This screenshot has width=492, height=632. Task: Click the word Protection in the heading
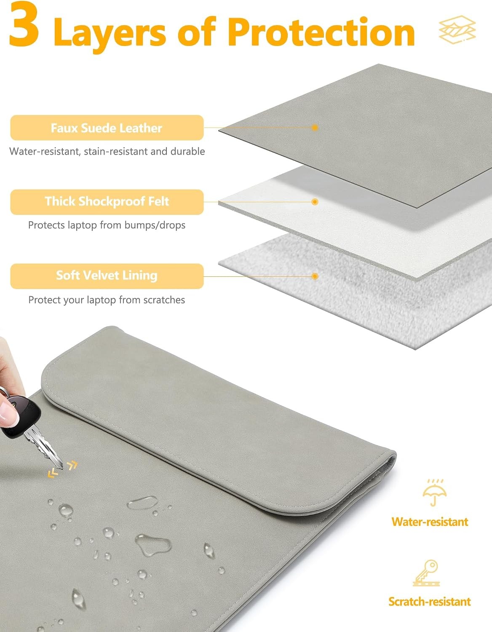(321, 32)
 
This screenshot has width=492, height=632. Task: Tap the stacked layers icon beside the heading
(457, 29)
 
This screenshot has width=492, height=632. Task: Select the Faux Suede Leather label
(107, 128)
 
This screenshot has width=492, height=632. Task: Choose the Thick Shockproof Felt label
(107, 202)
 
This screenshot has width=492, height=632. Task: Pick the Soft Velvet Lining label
(107, 276)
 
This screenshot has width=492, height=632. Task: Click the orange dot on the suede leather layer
(315, 127)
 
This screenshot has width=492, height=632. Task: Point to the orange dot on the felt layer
(315, 202)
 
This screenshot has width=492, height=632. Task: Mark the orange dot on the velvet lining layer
(315, 276)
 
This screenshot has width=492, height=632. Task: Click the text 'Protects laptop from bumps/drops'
(107, 225)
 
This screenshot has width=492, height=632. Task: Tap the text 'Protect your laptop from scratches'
(107, 300)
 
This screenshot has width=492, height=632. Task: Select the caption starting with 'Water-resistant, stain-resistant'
(107, 151)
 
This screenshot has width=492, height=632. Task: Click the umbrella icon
(434, 493)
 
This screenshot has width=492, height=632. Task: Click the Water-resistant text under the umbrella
(430, 522)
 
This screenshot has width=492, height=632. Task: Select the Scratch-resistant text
(430, 602)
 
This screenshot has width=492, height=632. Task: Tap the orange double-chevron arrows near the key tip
(62, 469)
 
